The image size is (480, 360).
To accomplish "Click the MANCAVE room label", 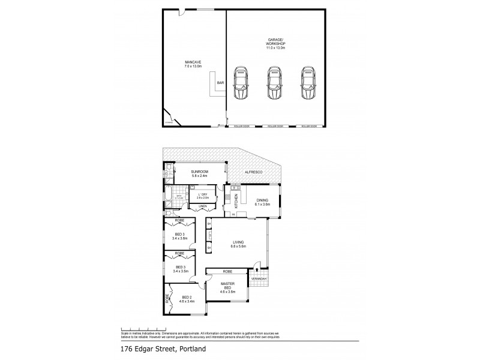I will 193,62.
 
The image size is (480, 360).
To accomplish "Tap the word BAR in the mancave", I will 220,82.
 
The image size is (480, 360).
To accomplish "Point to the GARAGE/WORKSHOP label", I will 275,41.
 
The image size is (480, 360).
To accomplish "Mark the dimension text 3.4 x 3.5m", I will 181,271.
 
